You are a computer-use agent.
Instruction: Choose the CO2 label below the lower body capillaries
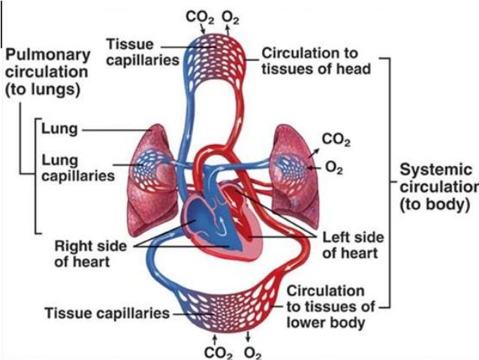click(215, 349)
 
